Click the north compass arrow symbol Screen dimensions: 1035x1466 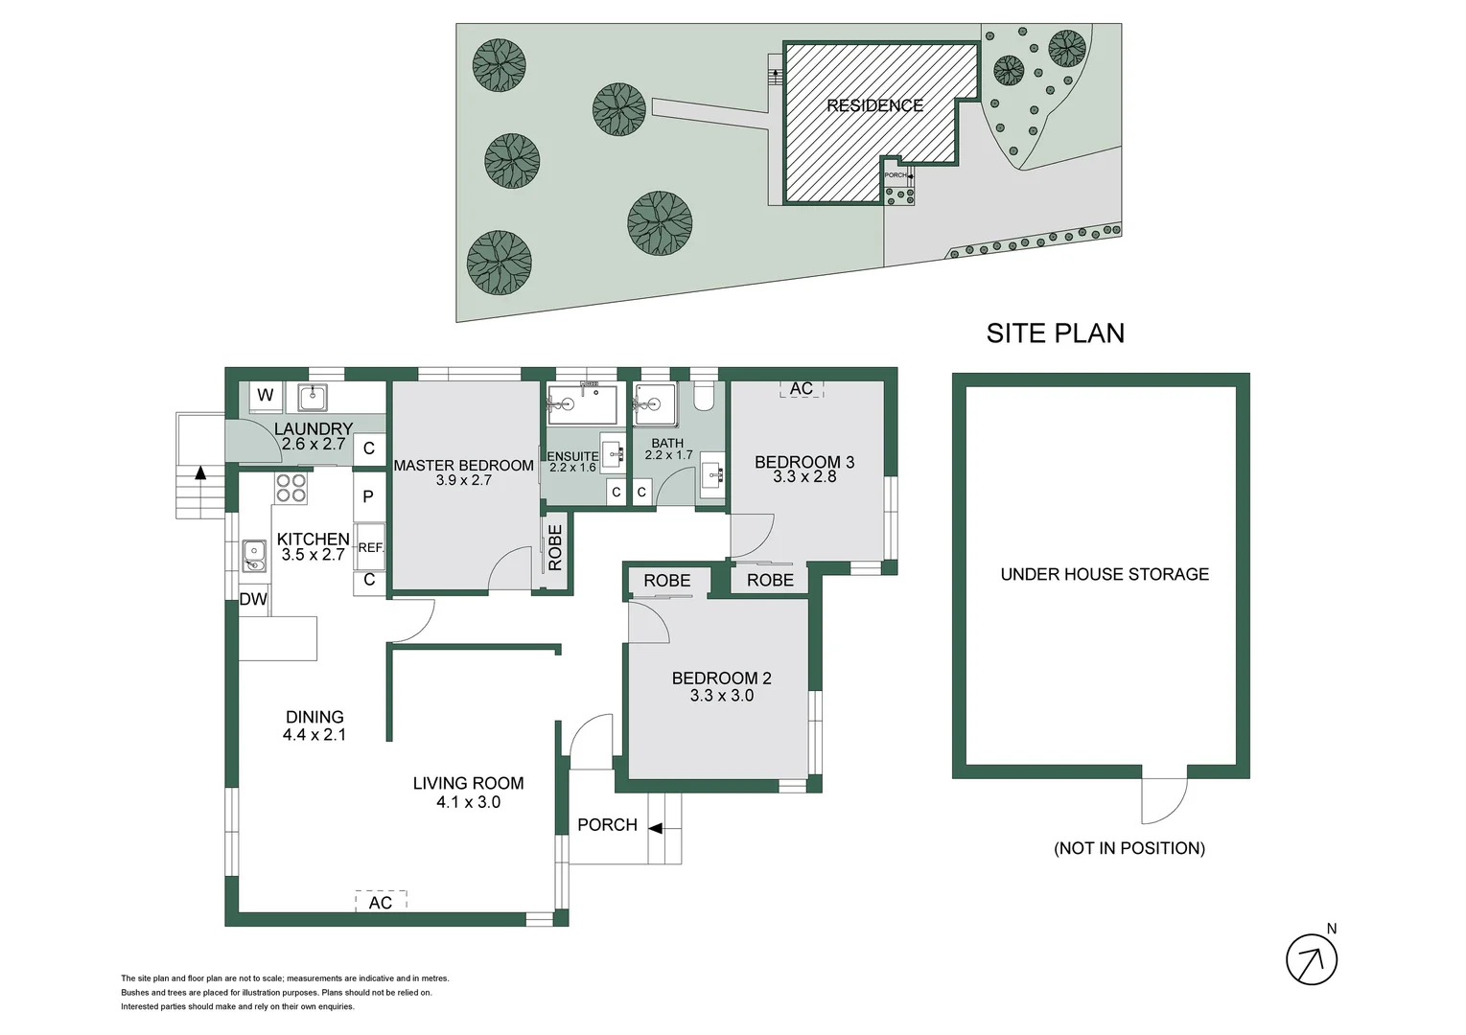pyautogui.click(x=1311, y=958)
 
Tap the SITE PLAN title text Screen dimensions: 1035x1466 pyautogui.click(x=1055, y=333)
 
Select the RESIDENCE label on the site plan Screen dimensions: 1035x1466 pyautogui.click(x=874, y=105)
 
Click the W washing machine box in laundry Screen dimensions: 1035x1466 pyautogui.click(x=266, y=395)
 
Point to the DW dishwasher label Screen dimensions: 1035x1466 pyautogui.click(x=253, y=600)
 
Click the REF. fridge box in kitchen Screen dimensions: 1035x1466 pyautogui.click(x=370, y=547)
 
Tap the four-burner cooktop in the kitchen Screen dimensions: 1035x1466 pyautogui.click(x=291, y=488)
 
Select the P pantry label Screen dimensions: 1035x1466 pyautogui.click(x=368, y=496)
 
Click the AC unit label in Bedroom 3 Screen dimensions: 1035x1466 pyautogui.click(x=802, y=388)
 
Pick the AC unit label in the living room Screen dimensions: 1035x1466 pyautogui.click(x=381, y=902)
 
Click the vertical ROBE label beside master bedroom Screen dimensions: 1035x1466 pyautogui.click(x=555, y=547)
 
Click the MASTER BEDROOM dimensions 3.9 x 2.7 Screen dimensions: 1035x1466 pyautogui.click(x=463, y=480)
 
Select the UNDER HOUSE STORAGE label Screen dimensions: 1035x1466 pyautogui.click(x=1105, y=574)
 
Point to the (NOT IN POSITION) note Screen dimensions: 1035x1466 pyautogui.click(x=1129, y=848)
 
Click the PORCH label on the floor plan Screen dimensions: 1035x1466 pyautogui.click(x=607, y=824)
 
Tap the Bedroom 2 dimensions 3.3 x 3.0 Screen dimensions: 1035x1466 pyautogui.click(x=721, y=696)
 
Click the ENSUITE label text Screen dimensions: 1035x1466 pyautogui.click(x=572, y=456)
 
